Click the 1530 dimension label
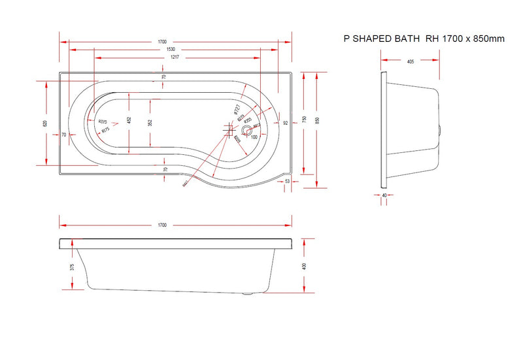[x=170, y=50]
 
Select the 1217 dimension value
[x=170, y=58]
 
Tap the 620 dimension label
[x=45, y=123]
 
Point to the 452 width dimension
[x=129, y=121]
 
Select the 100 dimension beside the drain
[x=254, y=137]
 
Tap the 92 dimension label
[x=286, y=122]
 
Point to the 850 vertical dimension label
[x=318, y=120]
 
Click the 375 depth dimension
[x=71, y=267]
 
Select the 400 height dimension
[x=305, y=266]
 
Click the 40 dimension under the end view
[x=384, y=195]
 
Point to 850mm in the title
[x=490, y=39]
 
